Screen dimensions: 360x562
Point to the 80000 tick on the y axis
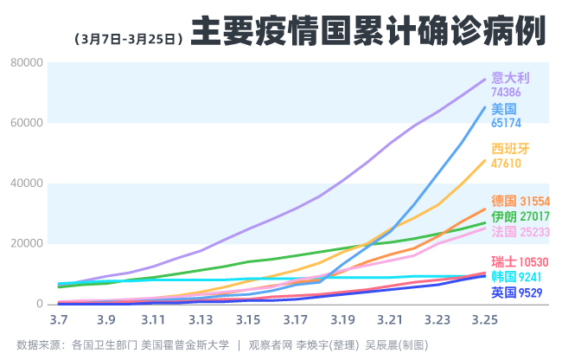(27, 62)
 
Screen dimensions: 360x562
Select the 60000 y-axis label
(27, 122)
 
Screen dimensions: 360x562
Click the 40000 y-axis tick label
(27, 183)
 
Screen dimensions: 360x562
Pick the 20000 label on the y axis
(27, 243)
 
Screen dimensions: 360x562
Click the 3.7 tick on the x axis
(59, 320)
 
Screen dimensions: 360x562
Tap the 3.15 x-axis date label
(247, 320)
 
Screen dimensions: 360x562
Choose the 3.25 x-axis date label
(484, 320)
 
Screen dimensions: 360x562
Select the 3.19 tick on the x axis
(342, 320)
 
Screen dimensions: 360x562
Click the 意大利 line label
(509, 78)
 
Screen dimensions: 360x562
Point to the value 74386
(506, 92)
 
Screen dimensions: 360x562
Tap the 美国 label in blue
(503, 109)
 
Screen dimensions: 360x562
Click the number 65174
(506, 123)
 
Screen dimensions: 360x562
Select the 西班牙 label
(509, 149)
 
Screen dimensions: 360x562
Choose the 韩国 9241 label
(520, 278)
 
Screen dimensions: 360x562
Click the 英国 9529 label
(520, 293)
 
